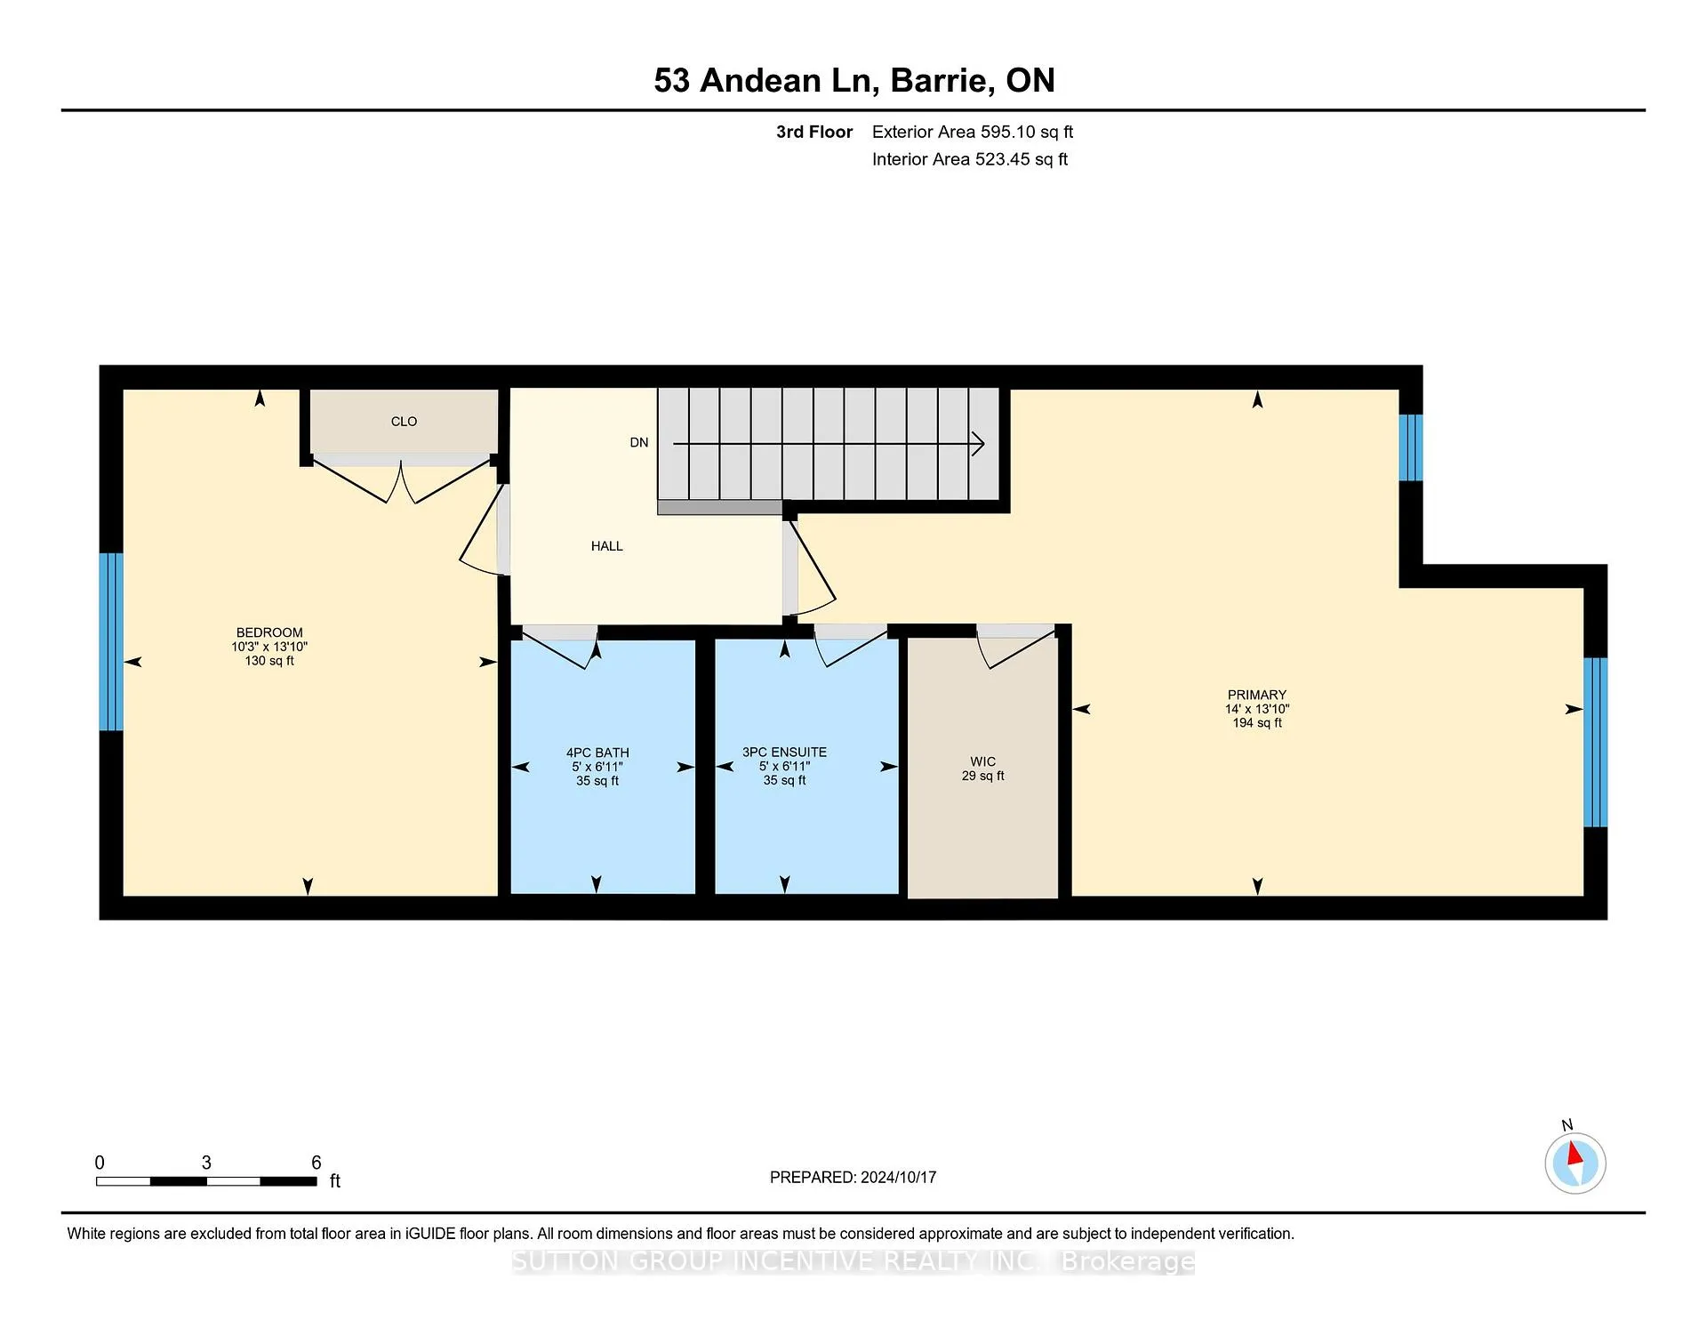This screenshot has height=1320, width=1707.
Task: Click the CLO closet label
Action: [x=404, y=422]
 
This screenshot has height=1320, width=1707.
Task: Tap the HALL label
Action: [x=607, y=546]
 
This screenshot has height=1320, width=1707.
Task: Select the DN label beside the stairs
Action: [x=639, y=443]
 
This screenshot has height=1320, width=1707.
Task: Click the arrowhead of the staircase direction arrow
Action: [x=978, y=443]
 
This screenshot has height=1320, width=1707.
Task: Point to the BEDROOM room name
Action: [x=269, y=633]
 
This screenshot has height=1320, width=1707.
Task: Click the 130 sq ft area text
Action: [x=269, y=661]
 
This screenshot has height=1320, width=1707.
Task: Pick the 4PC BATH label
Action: [x=597, y=753]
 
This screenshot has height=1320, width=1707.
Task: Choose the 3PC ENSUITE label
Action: [x=785, y=753]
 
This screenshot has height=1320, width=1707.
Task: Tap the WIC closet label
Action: [x=983, y=761]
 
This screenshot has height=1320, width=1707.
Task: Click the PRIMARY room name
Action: [x=1257, y=695]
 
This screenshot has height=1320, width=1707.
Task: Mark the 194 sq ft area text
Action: [x=1257, y=723]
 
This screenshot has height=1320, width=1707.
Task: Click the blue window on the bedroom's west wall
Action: [x=111, y=642]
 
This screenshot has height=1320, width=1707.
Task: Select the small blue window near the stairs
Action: [x=1411, y=447]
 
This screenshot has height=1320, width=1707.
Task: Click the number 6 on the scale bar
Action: [x=316, y=1163]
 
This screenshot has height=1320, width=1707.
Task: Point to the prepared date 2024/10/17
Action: [x=898, y=1178]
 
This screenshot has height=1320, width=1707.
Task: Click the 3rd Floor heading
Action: [x=814, y=132]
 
